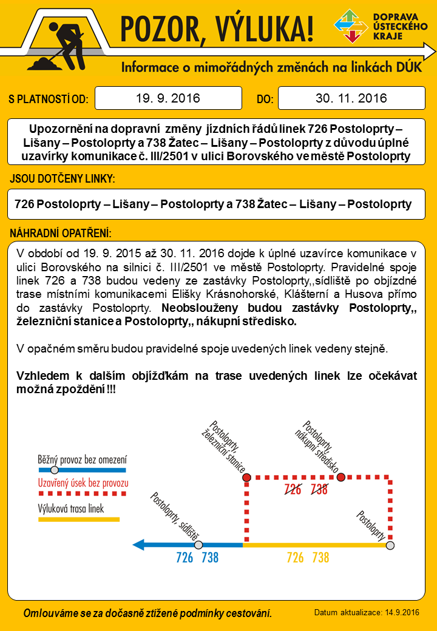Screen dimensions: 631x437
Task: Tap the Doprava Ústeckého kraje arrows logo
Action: tap(350, 27)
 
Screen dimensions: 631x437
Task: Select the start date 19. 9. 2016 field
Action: tap(168, 98)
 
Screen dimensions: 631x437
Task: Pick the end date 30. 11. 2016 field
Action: tap(351, 98)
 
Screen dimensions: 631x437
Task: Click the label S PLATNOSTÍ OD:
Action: tap(49, 99)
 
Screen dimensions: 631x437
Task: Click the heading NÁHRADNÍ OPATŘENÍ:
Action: tap(61, 234)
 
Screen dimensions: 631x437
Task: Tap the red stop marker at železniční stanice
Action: tap(246, 477)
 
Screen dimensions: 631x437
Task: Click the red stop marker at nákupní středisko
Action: tap(341, 477)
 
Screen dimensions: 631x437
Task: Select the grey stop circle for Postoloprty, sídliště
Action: tap(198, 545)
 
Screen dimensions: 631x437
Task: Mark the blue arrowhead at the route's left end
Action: tap(139, 545)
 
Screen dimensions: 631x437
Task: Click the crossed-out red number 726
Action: tap(293, 490)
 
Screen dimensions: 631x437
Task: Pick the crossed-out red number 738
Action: tap(319, 490)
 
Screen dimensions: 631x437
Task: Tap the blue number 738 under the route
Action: tap(210, 558)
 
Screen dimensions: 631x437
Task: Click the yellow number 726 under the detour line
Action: tap(295, 558)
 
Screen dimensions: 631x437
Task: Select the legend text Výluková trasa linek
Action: tap(71, 508)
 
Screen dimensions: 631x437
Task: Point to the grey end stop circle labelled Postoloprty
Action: tap(390, 545)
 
